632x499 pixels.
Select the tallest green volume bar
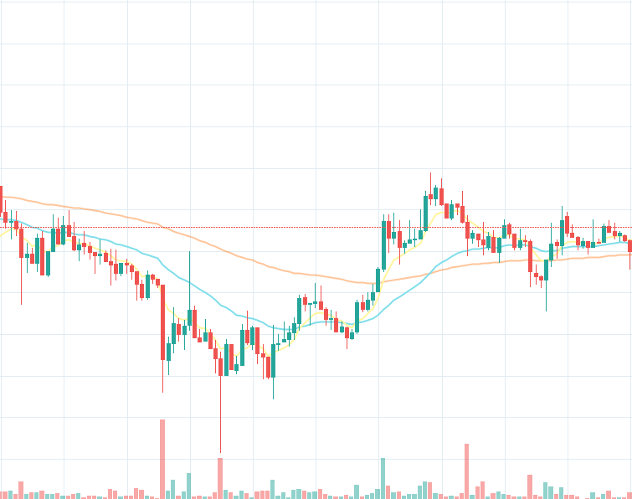click(x=383, y=478)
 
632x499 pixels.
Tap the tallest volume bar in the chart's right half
click(x=466, y=471)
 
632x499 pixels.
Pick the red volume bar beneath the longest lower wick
click(x=220, y=478)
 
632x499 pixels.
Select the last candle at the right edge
click(x=629, y=246)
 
